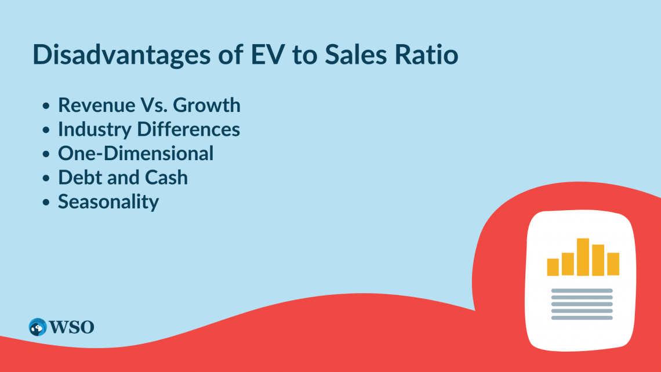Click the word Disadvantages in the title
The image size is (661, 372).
tap(121, 55)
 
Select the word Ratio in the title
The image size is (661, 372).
tap(426, 55)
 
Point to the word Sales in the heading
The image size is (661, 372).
tap(355, 55)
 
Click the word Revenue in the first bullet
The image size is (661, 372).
tap(96, 105)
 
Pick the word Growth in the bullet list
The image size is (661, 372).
tap(206, 105)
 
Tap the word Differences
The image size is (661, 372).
tap(188, 129)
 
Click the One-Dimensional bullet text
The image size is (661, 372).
tap(136, 153)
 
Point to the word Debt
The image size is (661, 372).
tap(80, 177)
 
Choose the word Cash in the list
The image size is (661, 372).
tap(166, 177)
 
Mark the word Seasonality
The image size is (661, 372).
tap(108, 202)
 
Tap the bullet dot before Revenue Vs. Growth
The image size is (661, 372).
tap(46, 106)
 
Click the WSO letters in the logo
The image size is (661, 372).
tap(71, 327)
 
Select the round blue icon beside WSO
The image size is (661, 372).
tap(38, 327)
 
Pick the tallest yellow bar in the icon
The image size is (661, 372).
tap(583, 257)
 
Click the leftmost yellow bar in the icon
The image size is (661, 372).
tap(553, 267)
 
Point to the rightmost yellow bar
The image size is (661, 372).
tap(613, 264)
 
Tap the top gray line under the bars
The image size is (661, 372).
tap(582, 291)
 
